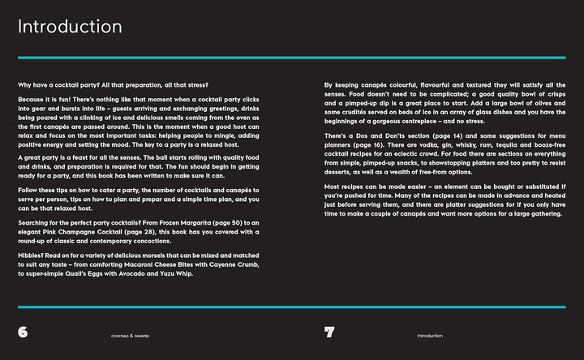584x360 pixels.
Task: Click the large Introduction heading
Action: [71, 27]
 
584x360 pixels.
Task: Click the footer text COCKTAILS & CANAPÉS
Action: [130, 336]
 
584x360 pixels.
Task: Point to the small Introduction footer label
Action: [430, 336]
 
